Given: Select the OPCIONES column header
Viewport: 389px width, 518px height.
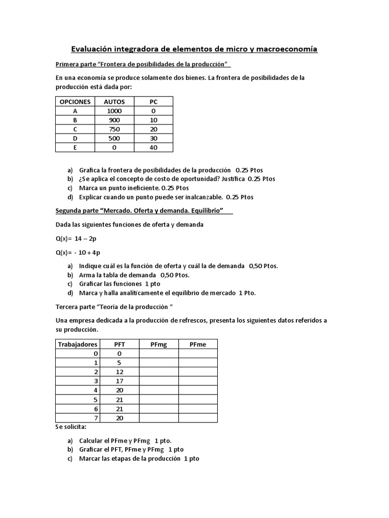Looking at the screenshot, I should (x=75, y=102).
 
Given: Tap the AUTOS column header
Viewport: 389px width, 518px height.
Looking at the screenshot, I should (x=114, y=102).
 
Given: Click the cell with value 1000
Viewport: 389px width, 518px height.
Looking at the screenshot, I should (x=114, y=111).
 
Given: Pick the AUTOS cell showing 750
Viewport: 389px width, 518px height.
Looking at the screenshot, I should (x=114, y=129).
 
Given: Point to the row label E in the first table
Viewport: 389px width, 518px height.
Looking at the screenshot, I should (x=75, y=147).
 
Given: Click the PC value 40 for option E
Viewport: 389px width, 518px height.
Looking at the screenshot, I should (x=153, y=147).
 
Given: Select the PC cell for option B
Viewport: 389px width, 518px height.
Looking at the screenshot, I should (x=153, y=120).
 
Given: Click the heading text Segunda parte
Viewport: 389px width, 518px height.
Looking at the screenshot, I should (x=77, y=210).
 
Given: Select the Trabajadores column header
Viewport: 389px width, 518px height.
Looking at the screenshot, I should (x=77, y=344).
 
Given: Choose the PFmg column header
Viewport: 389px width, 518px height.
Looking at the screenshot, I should (x=159, y=344).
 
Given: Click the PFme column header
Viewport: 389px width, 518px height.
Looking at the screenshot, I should (x=198, y=344).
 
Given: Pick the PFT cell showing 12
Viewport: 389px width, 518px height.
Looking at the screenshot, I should (x=120, y=372).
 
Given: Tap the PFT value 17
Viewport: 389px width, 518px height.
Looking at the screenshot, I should (x=120, y=381).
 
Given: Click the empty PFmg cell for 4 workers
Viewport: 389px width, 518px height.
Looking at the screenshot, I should (x=159, y=390).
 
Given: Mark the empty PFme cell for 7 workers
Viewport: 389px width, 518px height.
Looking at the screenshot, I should (x=198, y=418).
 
